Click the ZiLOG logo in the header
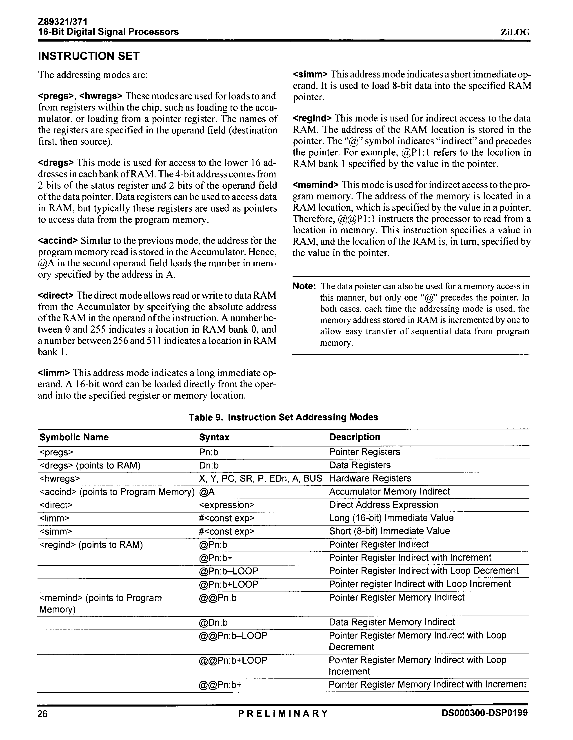[x=515, y=32]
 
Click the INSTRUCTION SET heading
[x=89, y=56]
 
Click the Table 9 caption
[x=283, y=417]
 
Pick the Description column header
[x=355, y=437]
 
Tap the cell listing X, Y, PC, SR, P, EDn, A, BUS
[x=260, y=478]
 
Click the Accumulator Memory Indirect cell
[x=389, y=492]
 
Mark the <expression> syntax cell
[x=227, y=505]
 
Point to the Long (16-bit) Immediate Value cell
[x=391, y=518]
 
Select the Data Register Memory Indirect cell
[x=392, y=622]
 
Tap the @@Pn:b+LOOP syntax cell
[x=233, y=660]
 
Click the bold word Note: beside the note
[x=304, y=286]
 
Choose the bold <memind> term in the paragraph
[x=315, y=185]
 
